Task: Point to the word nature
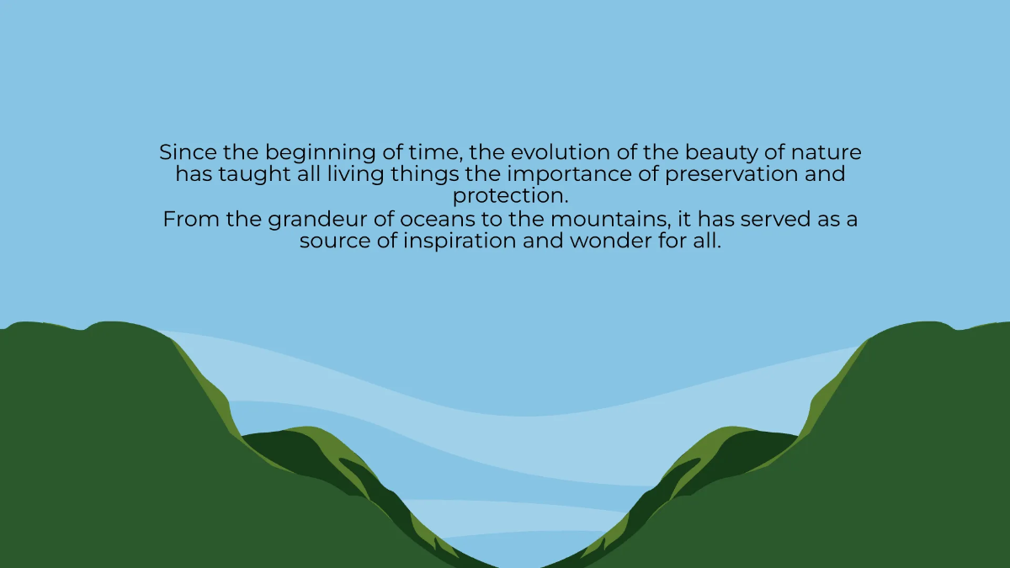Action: coord(828,153)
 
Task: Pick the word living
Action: coord(367,175)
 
